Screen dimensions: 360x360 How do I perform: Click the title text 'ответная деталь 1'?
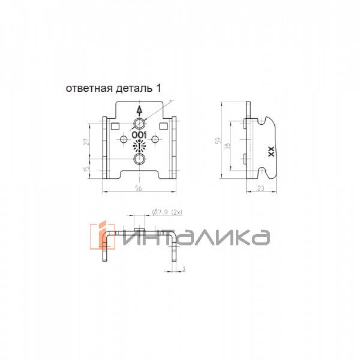click(113, 88)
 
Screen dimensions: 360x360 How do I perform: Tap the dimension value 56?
click(139, 188)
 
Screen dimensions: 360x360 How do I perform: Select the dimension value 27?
click(86, 142)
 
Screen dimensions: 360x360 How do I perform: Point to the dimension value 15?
click(86, 169)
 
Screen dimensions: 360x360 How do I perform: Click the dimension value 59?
click(218, 140)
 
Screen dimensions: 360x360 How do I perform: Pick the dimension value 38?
click(227, 146)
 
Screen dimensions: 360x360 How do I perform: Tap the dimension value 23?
click(261, 188)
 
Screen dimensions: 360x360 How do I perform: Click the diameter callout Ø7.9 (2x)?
click(167, 212)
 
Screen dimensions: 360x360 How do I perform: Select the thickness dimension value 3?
click(183, 268)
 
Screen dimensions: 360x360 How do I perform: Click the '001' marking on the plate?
click(139, 135)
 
